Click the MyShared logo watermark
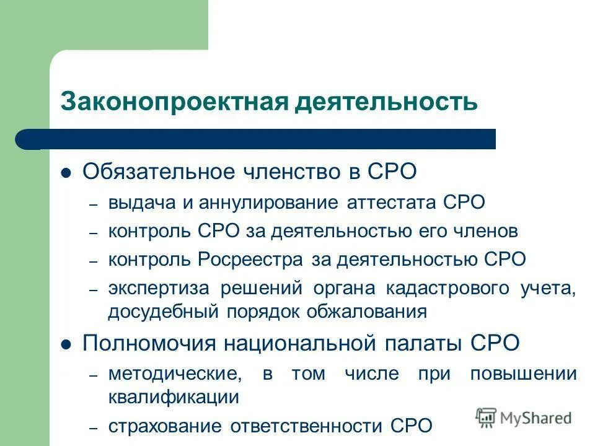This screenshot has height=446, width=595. (524, 417)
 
